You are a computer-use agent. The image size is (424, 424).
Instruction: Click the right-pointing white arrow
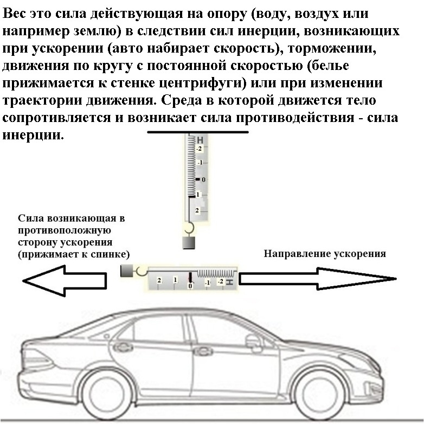[x=317, y=279]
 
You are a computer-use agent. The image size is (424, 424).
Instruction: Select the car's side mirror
[x=253, y=341]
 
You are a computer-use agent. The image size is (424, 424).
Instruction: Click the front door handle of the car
[x=203, y=351]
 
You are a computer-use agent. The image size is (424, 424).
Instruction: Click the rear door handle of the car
[x=123, y=347]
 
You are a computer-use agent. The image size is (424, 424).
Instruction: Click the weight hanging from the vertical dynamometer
[x=189, y=242]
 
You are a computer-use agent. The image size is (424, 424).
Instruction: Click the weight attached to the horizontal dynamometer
[x=127, y=269]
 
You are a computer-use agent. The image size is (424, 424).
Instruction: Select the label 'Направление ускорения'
[x=325, y=254]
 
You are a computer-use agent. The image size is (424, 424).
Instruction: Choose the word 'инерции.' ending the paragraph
[x=34, y=136]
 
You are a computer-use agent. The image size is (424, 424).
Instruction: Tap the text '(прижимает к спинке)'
[x=74, y=254]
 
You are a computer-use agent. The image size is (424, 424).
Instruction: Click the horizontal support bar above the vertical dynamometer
[x=198, y=132]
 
